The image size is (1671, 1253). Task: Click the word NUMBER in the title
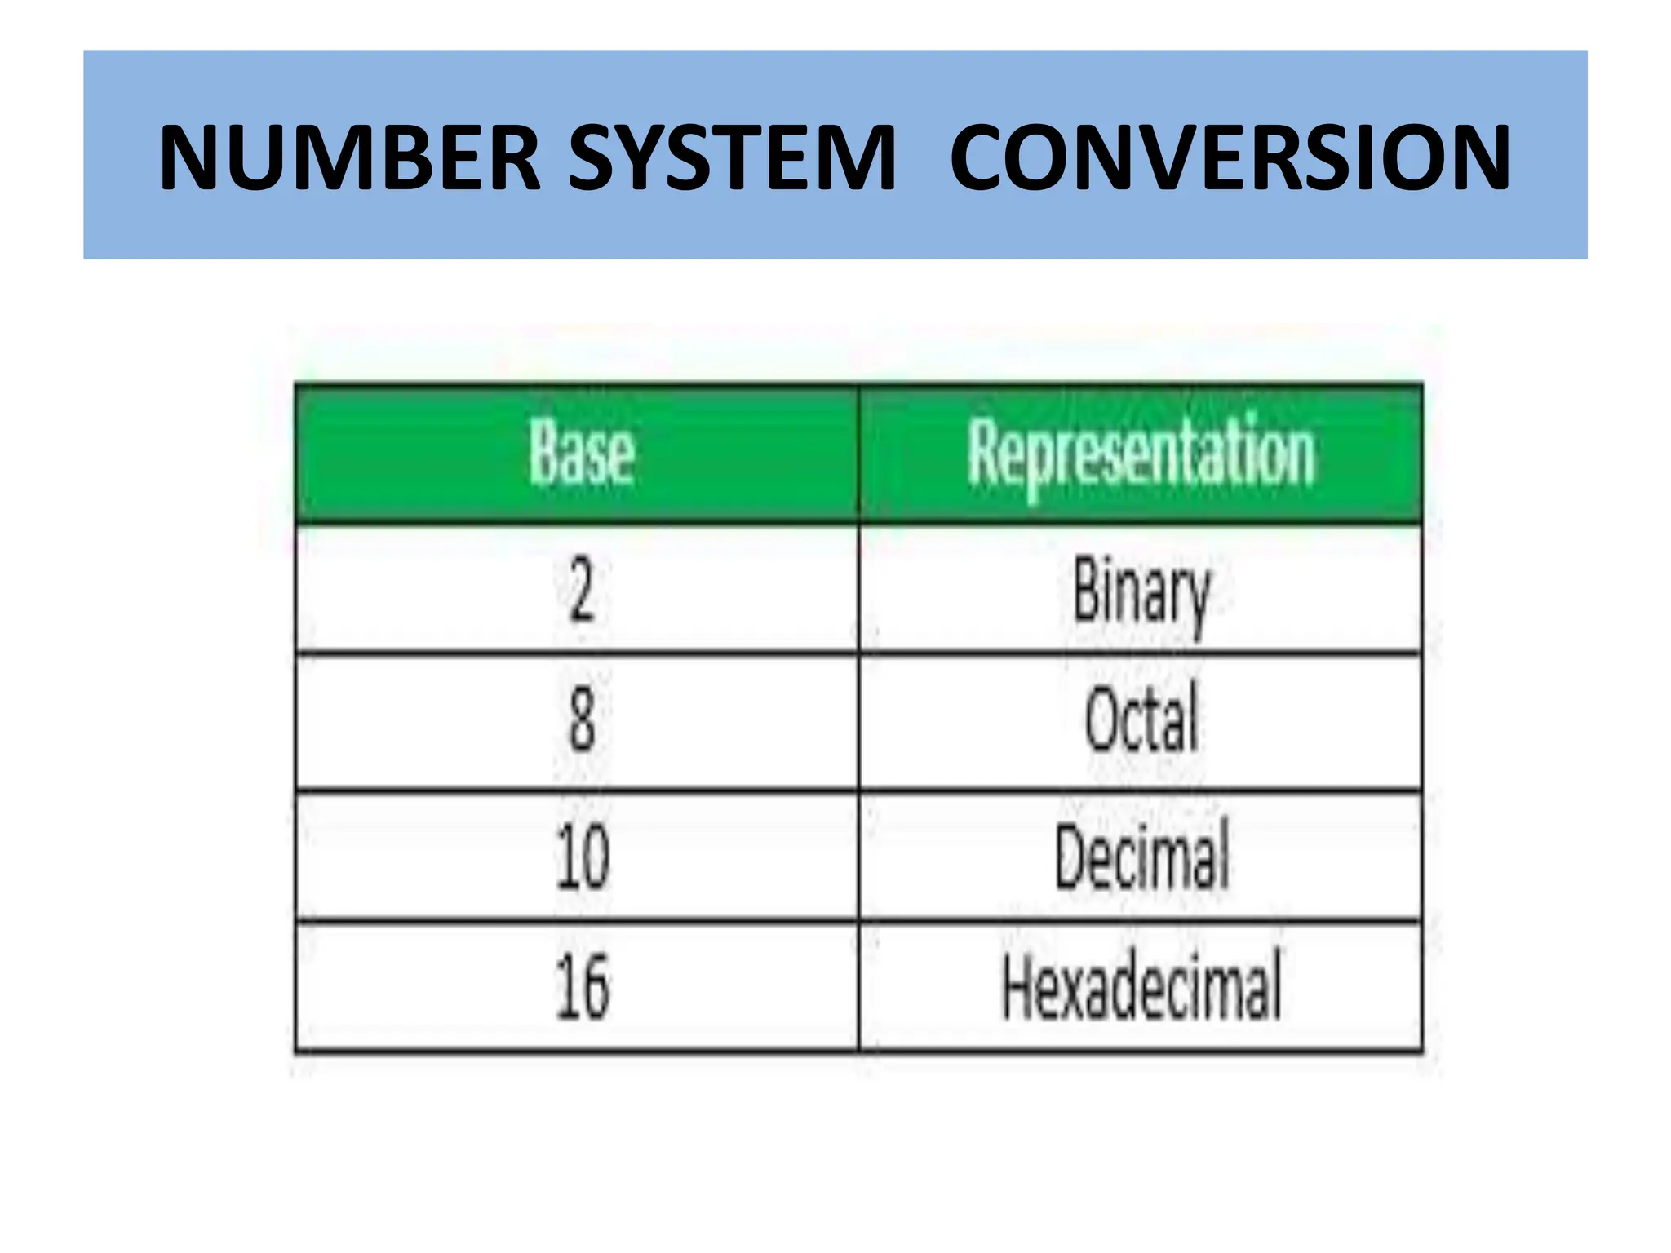click(x=349, y=157)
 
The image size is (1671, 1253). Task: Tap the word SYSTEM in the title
click(x=732, y=157)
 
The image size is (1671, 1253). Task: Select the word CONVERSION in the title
click(x=1230, y=157)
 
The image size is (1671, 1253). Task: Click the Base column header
click(x=581, y=454)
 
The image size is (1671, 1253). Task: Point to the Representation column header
click(x=1141, y=454)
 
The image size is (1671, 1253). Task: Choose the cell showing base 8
click(x=581, y=721)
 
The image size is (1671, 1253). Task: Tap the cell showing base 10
click(x=581, y=857)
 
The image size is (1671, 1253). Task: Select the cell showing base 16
click(x=581, y=987)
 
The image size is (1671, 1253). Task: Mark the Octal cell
click(x=1141, y=721)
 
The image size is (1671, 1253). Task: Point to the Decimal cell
click(x=1141, y=857)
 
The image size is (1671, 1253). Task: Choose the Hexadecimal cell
click(x=1141, y=987)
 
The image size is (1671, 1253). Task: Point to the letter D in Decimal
click(x=1071, y=857)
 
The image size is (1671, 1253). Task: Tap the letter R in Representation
click(x=984, y=450)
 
